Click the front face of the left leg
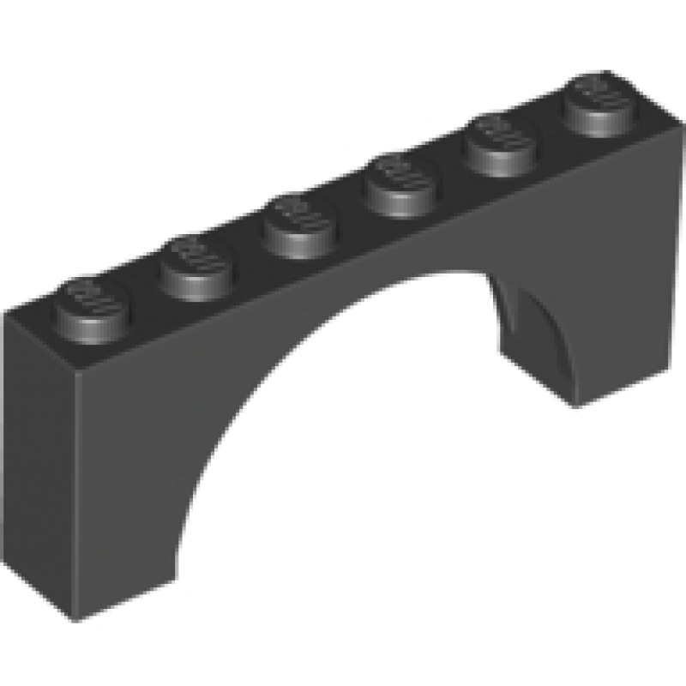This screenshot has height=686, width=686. [120, 480]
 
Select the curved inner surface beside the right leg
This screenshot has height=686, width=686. [536, 334]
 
